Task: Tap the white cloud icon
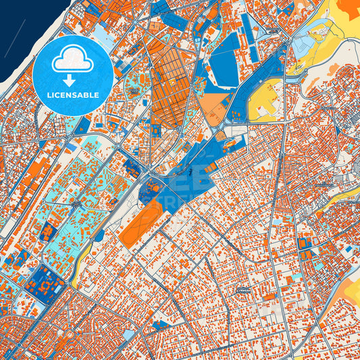tap(71, 59)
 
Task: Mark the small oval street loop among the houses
tap(241, 290)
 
